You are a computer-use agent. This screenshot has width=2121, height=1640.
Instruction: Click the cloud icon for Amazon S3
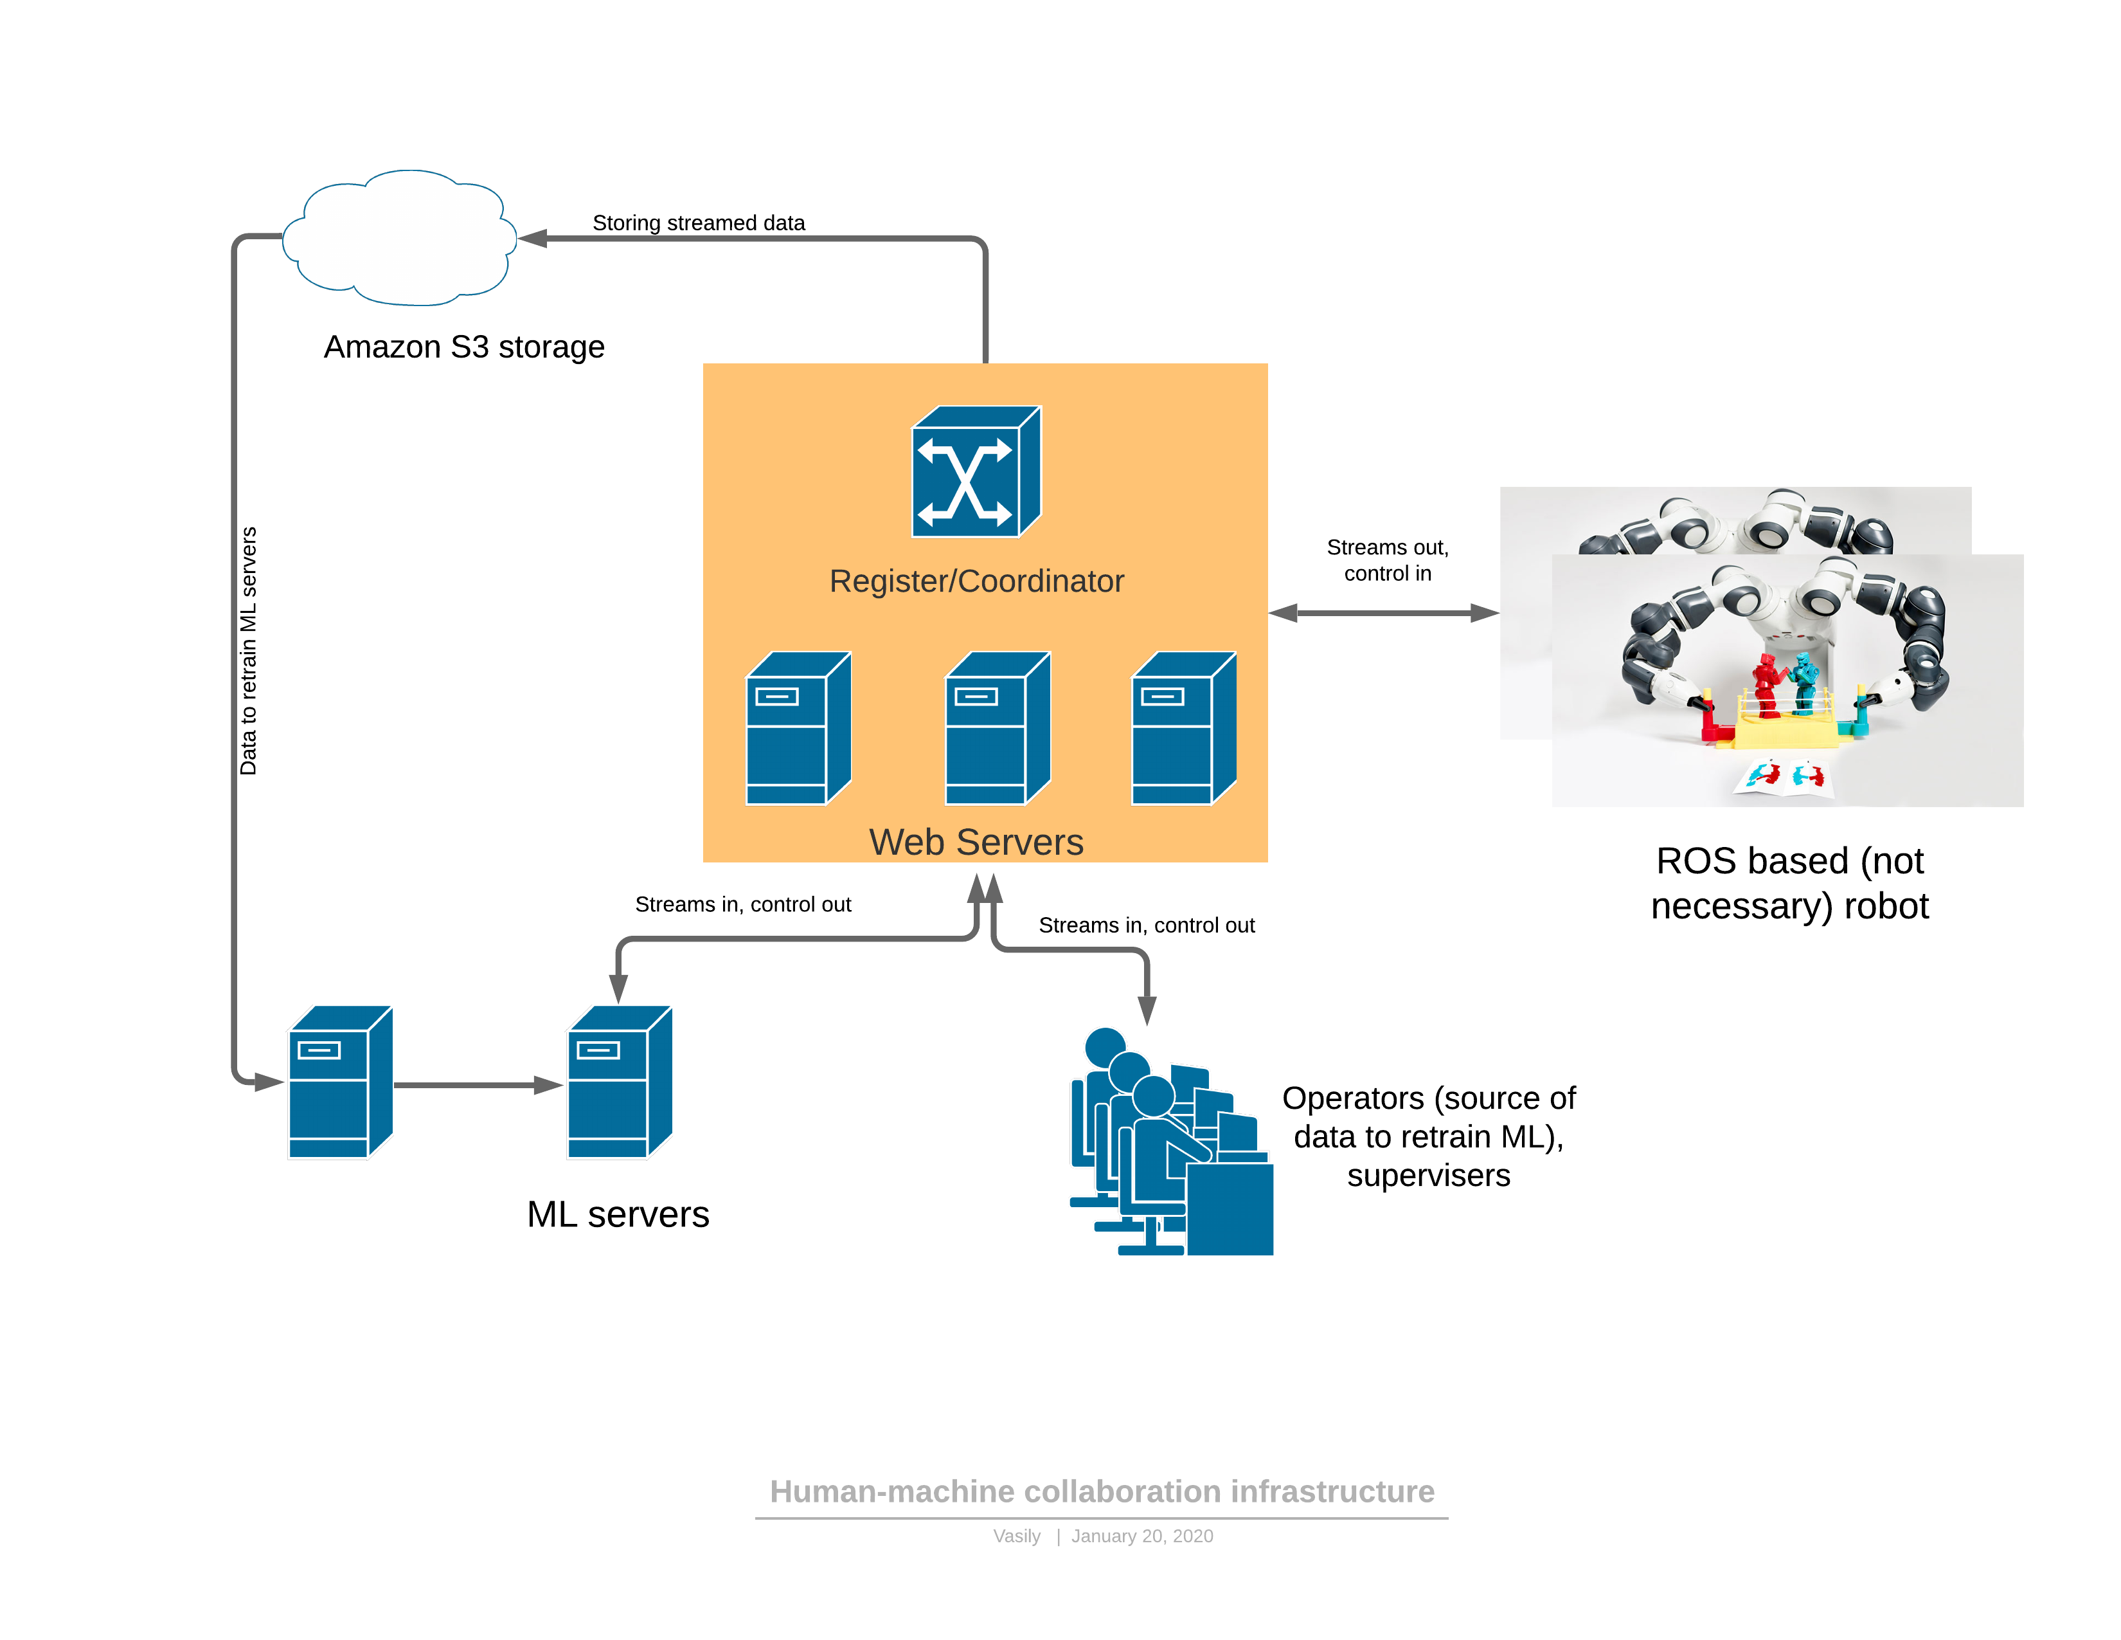[x=399, y=238]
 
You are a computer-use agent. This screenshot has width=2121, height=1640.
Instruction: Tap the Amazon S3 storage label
[x=463, y=347]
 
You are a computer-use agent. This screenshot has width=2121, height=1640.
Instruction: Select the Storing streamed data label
[x=698, y=223]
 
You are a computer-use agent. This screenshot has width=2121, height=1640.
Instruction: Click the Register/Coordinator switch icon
[x=974, y=472]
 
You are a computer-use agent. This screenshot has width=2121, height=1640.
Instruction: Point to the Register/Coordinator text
[x=976, y=581]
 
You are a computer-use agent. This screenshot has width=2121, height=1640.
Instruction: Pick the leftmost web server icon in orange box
[x=798, y=729]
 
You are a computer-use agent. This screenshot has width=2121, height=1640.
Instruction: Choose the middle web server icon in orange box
[x=998, y=729]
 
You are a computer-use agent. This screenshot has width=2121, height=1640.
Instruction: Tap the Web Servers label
[x=976, y=841]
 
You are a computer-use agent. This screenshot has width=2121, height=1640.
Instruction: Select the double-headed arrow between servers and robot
[x=1383, y=613]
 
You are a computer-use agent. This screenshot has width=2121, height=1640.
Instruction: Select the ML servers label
[x=618, y=1214]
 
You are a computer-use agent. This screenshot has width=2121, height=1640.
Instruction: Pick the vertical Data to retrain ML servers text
[x=249, y=651]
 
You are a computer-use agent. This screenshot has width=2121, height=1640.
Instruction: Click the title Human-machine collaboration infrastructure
[x=1101, y=1491]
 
